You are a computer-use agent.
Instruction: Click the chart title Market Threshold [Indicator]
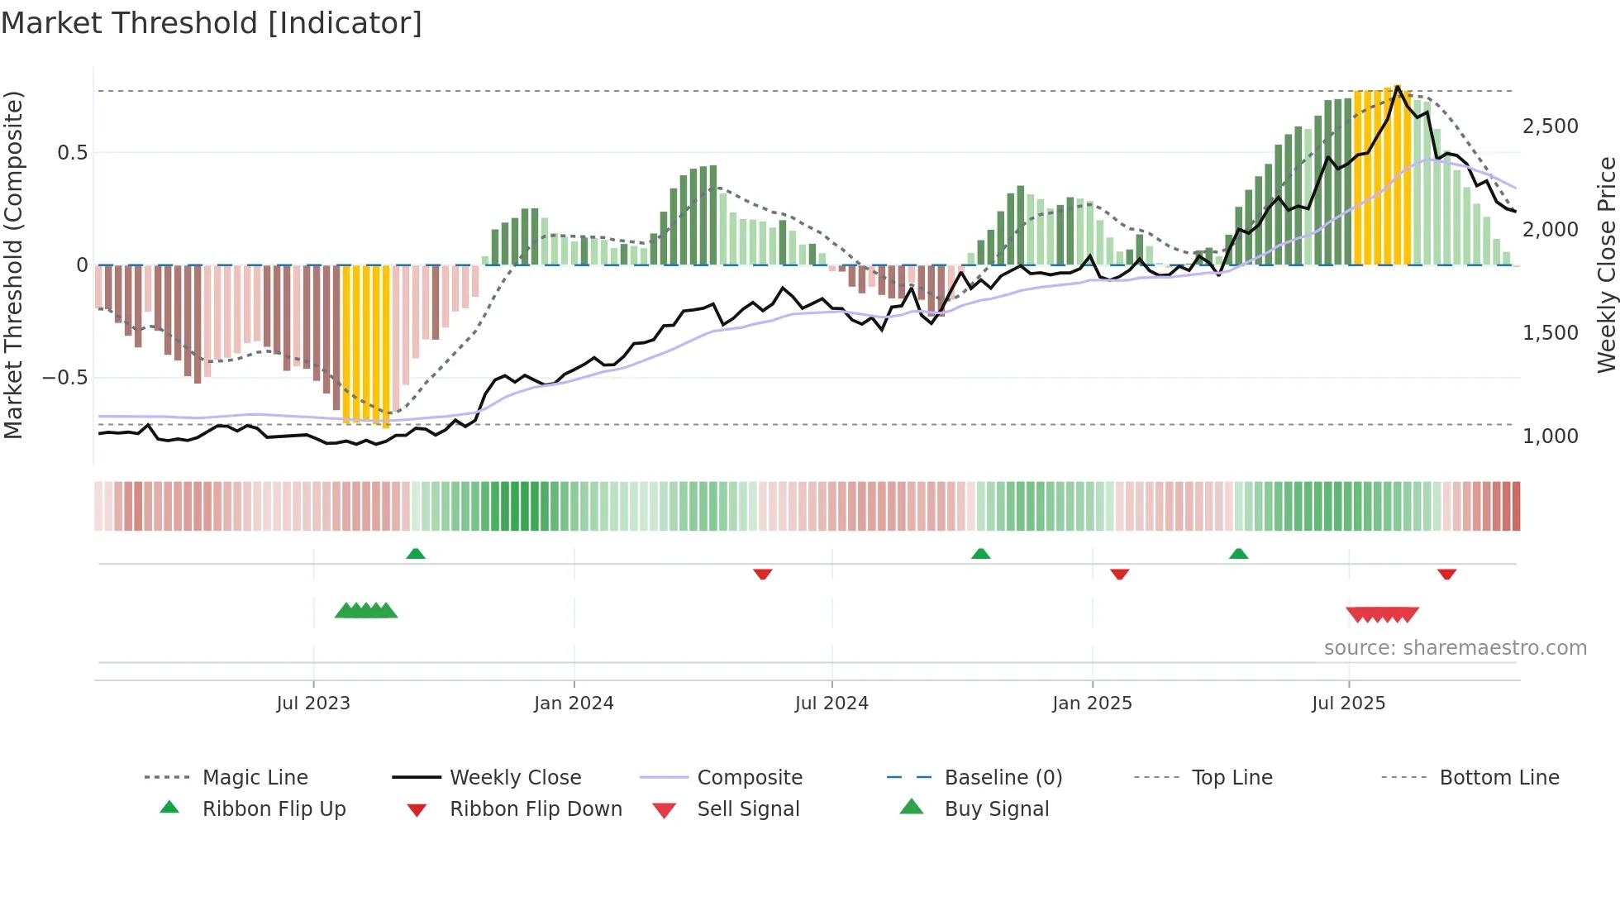pyautogui.click(x=212, y=23)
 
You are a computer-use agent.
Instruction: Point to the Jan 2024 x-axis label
pyautogui.click(x=574, y=704)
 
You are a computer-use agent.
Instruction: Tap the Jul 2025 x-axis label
pyautogui.click(x=1348, y=704)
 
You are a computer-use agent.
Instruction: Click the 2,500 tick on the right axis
pyautogui.click(x=1550, y=126)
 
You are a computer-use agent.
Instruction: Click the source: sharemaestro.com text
pyautogui.click(x=1455, y=648)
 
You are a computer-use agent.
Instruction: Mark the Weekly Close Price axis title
pyautogui.click(x=1606, y=265)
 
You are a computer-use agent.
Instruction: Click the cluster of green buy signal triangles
pyautogui.click(x=365, y=611)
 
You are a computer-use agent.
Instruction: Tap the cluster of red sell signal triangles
pyautogui.click(x=1382, y=614)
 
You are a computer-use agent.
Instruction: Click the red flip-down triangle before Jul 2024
pyautogui.click(x=762, y=574)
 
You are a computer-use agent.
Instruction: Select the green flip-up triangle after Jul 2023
pyautogui.click(x=416, y=554)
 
